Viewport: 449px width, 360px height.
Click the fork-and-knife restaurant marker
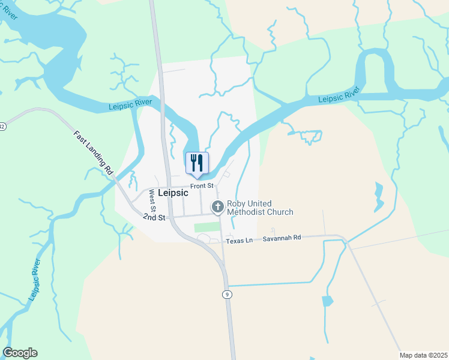(197, 163)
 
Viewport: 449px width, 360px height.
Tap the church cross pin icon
(217, 207)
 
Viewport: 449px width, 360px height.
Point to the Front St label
(202, 186)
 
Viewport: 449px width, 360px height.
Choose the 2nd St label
(154, 217)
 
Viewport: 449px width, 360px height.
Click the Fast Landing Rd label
(94, 152)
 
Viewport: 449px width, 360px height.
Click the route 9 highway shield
(226, 294)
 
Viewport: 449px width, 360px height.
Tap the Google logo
(20, 353)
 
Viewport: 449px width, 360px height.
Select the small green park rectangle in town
(207, 227)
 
